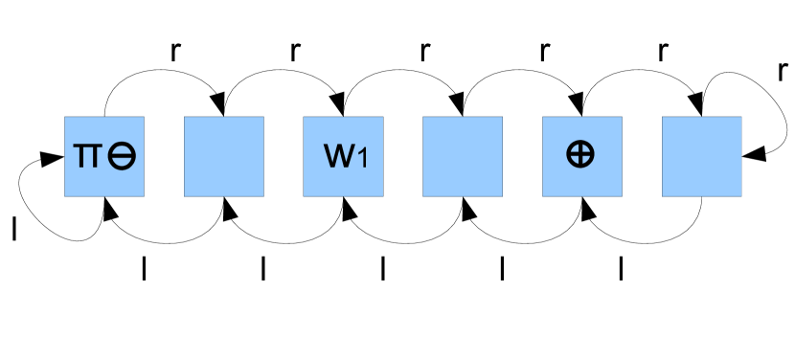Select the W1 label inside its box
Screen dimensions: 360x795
(342, 157)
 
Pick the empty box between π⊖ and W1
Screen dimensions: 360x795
(223, 156)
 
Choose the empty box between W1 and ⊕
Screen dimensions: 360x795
(462, 156)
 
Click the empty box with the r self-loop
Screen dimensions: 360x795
(701, 156)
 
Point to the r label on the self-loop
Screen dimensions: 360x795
(783, 70)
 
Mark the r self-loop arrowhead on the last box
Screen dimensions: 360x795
(753, 153)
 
